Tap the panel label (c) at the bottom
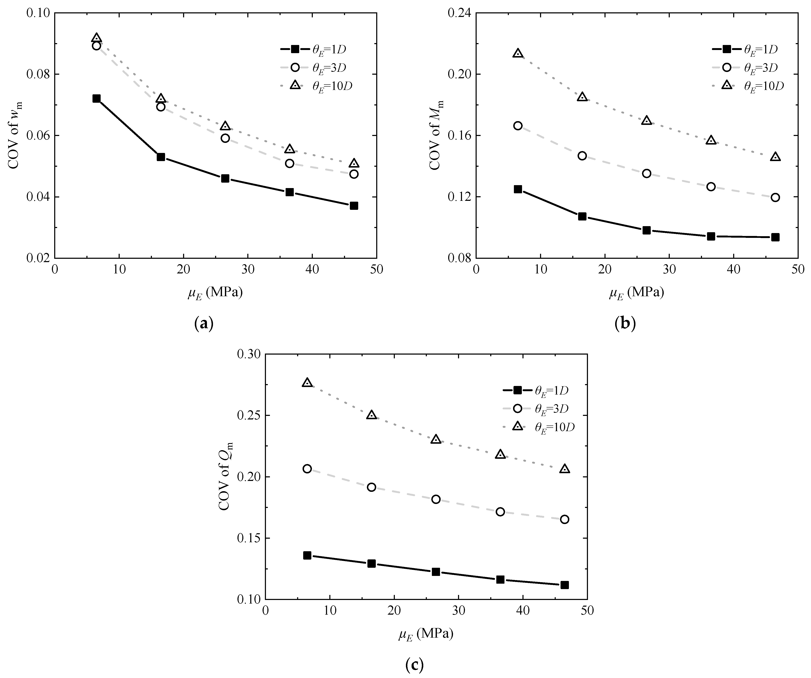415,664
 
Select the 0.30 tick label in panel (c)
249,354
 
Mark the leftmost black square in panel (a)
96,99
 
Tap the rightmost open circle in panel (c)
565,519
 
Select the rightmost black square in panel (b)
775,237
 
